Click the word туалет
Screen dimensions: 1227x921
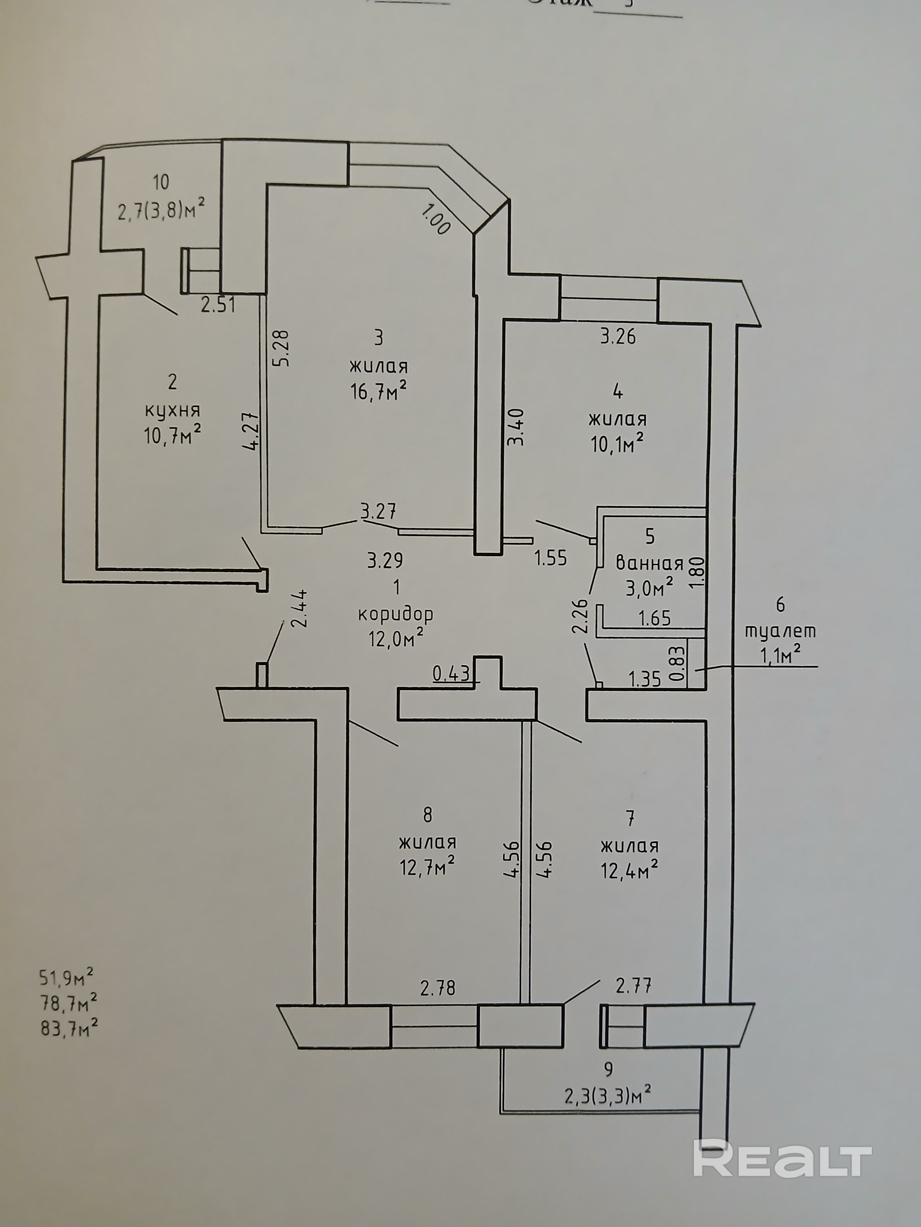tap(780, 631)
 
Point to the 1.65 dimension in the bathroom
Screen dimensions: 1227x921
tap(655, 618)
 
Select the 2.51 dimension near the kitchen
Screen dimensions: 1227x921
tap(218, 305)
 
